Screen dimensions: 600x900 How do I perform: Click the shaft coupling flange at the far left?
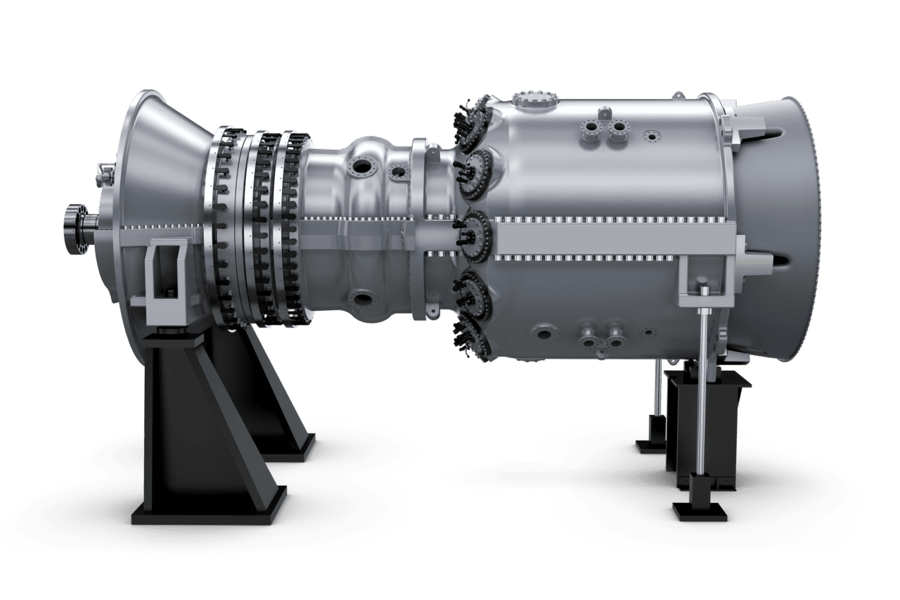click(72, 231)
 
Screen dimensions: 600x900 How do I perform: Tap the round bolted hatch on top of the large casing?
click(534, 100)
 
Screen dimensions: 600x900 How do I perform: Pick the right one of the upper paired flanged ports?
click(619, 129)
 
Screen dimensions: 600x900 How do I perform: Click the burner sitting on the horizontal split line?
click(475, 229)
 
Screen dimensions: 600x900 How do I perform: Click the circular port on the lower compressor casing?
click(363, 300)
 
